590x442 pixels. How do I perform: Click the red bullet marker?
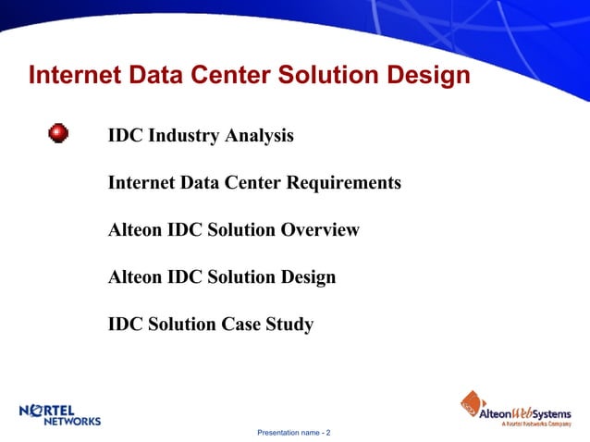58,134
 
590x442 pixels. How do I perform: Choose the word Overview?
319,230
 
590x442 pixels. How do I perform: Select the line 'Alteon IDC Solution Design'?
221,277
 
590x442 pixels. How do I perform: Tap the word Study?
289,325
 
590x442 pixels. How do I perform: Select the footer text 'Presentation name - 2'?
293,433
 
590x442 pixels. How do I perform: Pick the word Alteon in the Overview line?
135,230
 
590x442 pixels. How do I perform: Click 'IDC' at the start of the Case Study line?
126,325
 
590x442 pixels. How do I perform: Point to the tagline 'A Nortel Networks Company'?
536,424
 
